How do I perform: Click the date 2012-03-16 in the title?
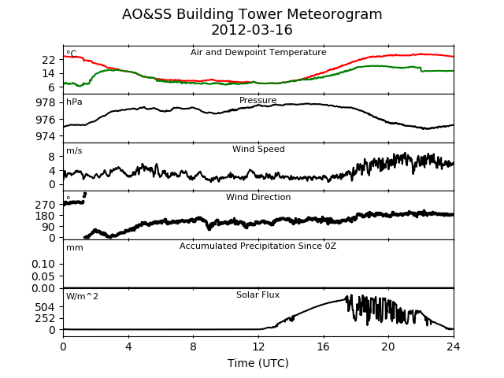[x=252, y=30]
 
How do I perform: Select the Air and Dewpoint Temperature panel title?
[x=258, y=52]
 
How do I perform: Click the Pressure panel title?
[x=258, y=100]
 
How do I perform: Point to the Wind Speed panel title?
[x=258, y=149]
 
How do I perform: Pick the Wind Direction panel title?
[x=258, y=197]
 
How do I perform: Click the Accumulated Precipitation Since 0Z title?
[x=258, y=246]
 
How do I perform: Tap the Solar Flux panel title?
[x=258, y=295]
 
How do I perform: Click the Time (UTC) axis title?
[x=258, y=363]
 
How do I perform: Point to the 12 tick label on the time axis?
[x=258, y=346]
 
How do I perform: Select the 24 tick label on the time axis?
[x=454, y=346]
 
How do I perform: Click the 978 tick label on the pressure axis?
[x=46, y=103]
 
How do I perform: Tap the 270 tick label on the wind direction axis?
[x=46, y=205]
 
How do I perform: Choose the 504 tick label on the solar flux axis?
[x=46, y=307]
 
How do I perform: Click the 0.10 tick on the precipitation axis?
[x=43, y=264]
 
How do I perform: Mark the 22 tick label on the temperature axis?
[x=49, y=60]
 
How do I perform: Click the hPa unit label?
[x=74, y=102]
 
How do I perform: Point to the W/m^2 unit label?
[x=82, y=296]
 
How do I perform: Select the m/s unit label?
[x=74, y=150]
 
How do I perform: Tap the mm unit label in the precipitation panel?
[x=75, y=248]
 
